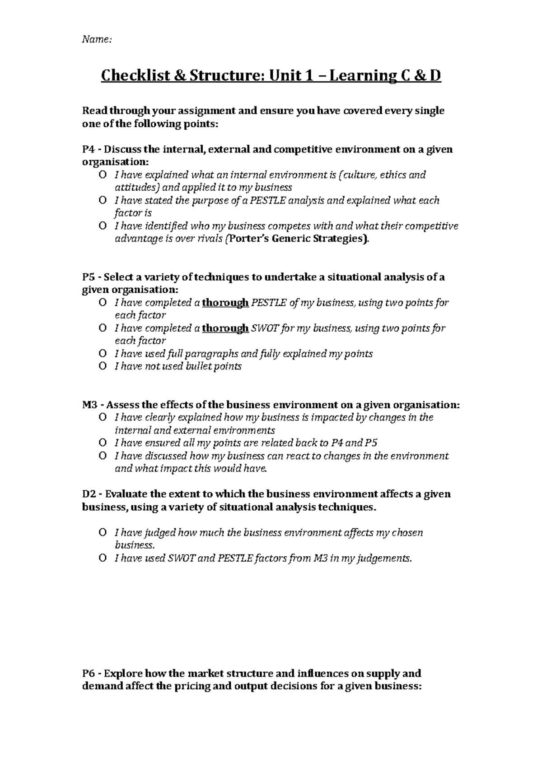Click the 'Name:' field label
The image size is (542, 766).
click(96, 40)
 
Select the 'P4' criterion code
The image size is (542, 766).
click(89, 149)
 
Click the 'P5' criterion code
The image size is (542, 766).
click(89, 277)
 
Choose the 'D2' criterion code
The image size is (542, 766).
click(89, 494)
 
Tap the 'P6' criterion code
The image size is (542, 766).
click(89, 674)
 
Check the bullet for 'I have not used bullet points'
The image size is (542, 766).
click(103, 366)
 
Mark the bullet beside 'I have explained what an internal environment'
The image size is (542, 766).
click(103, 175)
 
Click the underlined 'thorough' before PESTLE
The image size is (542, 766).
click(225, 303)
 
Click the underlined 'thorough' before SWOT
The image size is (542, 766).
click(225, 328)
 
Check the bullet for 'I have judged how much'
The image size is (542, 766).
click(103, 533)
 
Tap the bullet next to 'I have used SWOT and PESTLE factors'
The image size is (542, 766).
click(103, 558)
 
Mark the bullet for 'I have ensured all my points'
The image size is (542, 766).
click(103, 443)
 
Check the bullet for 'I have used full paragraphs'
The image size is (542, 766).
click(103, 354)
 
